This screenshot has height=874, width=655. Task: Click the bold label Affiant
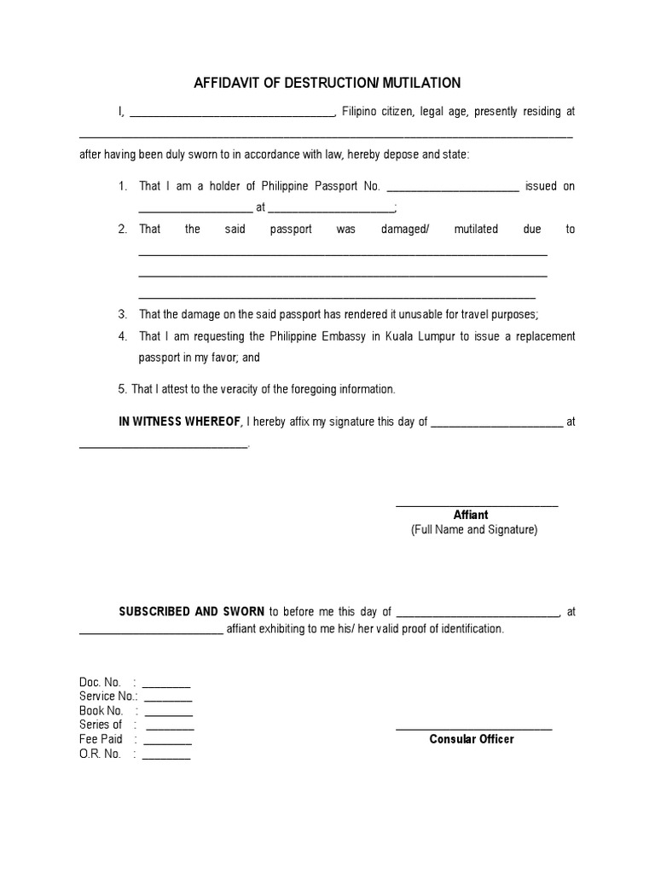click(471, 515)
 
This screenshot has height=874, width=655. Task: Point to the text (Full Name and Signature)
click(474, 530)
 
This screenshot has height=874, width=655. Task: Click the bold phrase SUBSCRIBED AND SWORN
click(192, 611)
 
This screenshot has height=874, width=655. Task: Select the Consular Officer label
click(472, 739)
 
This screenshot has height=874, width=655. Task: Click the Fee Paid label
click(101, 739)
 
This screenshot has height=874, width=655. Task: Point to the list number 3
click(123, 314)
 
